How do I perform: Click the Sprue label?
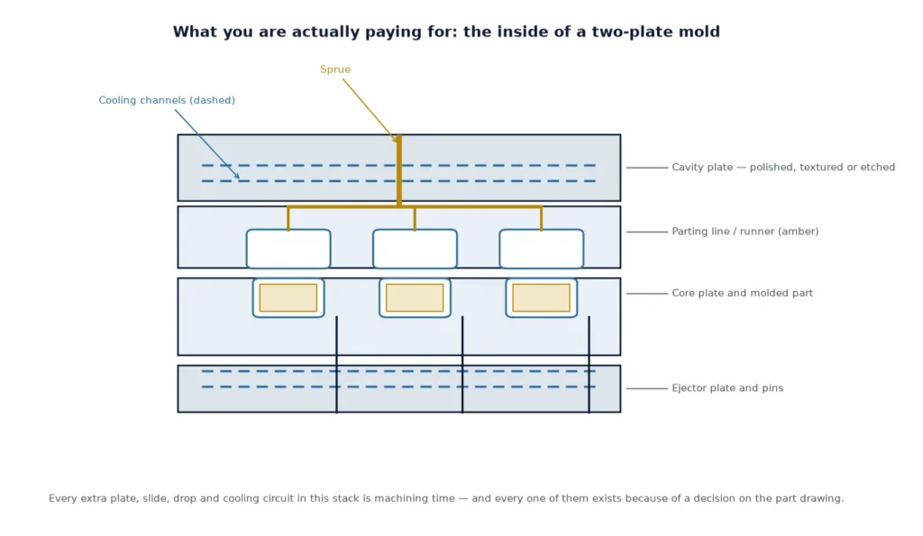pyautogui.click(x=335, y=69)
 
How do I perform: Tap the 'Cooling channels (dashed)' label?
pyautogui.click(x=167, y=101)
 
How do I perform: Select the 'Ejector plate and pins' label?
pyautogui.click(x=727, y=388)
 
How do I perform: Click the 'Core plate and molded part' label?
pyautogui.click(x=743, y=293)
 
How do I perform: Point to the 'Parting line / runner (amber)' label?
pyautogui.click(x=745, y=232)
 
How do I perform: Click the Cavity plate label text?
pyautogui.click(x=783, y=167)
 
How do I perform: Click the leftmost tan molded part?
pyautogui.click(x=288, y=297)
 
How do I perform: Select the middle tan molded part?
pyautogui.click(x=415, y=297)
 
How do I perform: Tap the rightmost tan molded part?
pyautogui.click(x=542, y=297)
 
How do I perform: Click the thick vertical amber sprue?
pyautogui.click(x=399, y=170)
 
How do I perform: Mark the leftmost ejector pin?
pyautogui.click(x=337, y=365)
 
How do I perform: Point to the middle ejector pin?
pyautogui.click(x=462, y=365)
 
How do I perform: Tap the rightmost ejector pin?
pyautogui.click(x=589, y=365)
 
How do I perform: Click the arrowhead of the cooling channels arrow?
pyautogui.click(x=237, y=176)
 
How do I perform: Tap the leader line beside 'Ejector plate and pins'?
pyautogui.click(x=647, y=388)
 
